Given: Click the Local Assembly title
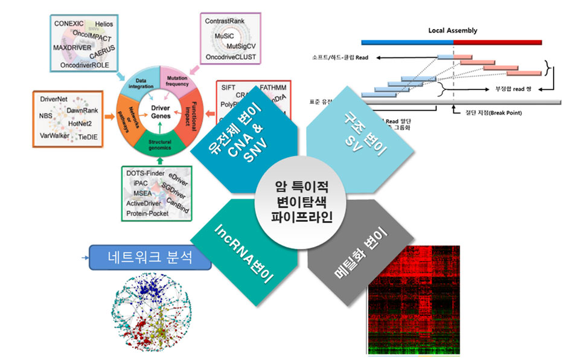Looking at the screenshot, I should coord(452,30).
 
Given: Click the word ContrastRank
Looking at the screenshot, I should coord(228,21).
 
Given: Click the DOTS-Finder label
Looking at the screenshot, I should coord(147,173).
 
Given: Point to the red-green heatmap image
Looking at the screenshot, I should coord(413,299).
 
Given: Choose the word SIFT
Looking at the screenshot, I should coord(228,87).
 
